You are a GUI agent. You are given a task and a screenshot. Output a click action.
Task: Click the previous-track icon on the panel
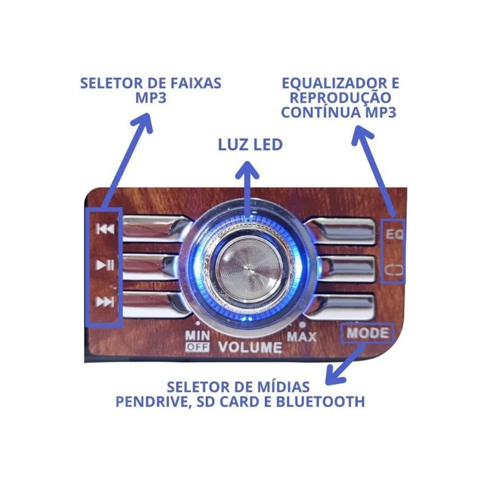coord(105,229)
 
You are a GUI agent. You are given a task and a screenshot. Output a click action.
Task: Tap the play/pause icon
coord(105,265)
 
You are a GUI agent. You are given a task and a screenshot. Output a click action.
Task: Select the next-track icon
coord(104,301)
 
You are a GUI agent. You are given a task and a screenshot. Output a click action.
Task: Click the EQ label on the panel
coord(394,234)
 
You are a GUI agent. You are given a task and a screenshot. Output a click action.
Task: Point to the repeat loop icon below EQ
coord(394,270)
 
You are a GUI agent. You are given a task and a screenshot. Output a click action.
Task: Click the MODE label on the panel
coord(368,333)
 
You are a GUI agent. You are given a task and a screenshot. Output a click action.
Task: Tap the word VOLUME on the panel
coord(250,347)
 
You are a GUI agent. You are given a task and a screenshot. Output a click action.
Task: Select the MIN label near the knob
coord(197,336)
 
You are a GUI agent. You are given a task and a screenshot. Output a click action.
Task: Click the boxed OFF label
coord(197,347)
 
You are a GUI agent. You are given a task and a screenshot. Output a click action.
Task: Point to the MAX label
coord(301,337)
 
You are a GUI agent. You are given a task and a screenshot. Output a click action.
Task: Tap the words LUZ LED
coord(250,145)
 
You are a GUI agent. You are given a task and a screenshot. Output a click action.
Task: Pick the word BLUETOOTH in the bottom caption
coord(320,402)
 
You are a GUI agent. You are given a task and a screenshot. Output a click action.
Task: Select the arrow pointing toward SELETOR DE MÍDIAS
coord(344,365)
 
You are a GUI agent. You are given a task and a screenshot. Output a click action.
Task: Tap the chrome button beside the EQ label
coord(340,232)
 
